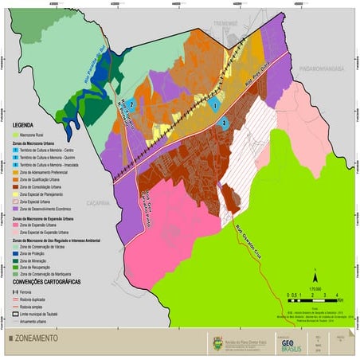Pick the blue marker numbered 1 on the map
213,104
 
